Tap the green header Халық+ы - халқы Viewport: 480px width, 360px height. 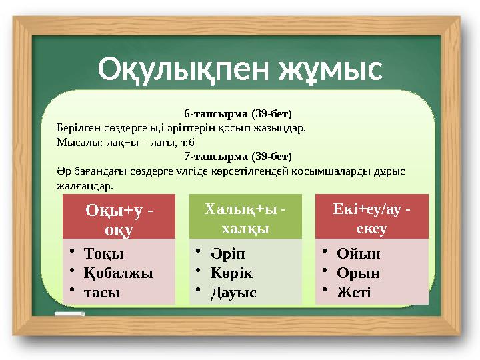(245, 219)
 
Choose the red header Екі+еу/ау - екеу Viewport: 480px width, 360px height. (372, 219)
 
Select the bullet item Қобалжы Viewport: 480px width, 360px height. (118, 273)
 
